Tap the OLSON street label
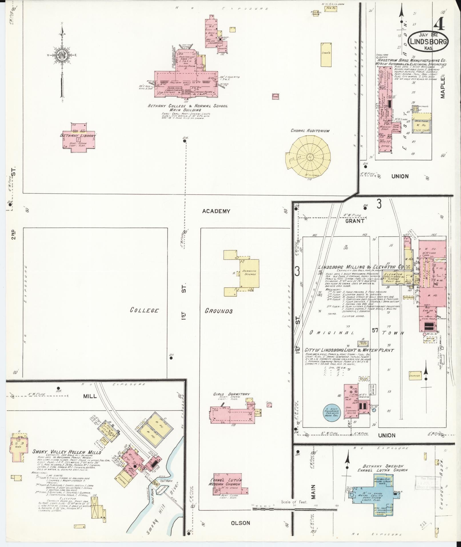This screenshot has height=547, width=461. (x=240, y=523)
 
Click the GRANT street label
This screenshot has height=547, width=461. (x=355, y=221)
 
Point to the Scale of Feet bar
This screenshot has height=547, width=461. (x=294, y=505)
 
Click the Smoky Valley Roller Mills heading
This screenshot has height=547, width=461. (x=67, y=460)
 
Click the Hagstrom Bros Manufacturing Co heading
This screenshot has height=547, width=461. (x=412, y=60)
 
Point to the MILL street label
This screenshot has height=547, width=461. (x=90, y=396)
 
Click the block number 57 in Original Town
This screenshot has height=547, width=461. (x=375, y=331)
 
